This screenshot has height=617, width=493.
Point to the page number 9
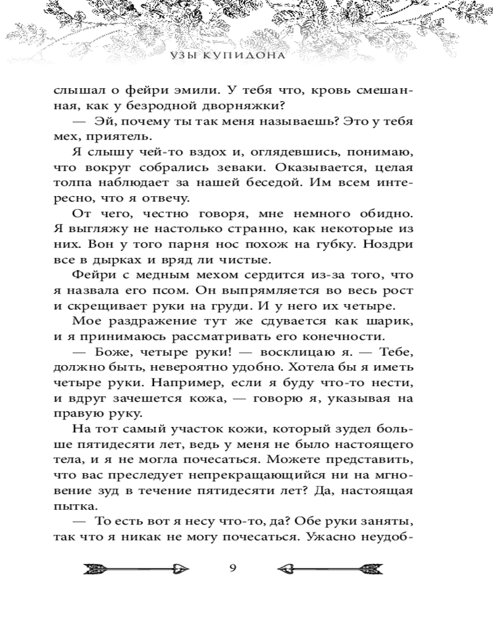(x=232, y=568)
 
